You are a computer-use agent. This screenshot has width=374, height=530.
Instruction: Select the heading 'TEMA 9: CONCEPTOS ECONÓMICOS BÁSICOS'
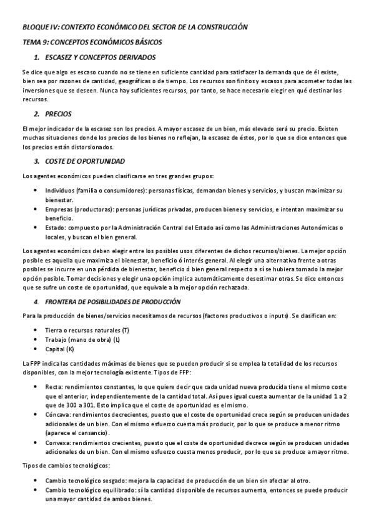click(x=92, y=42)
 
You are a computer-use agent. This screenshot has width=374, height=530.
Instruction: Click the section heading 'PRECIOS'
click(x=59, y=114)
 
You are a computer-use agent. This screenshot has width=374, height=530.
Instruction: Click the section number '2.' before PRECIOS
click(x=37, y=114)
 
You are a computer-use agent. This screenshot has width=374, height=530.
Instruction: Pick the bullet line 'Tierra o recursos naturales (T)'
click(x=87, y=329)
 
